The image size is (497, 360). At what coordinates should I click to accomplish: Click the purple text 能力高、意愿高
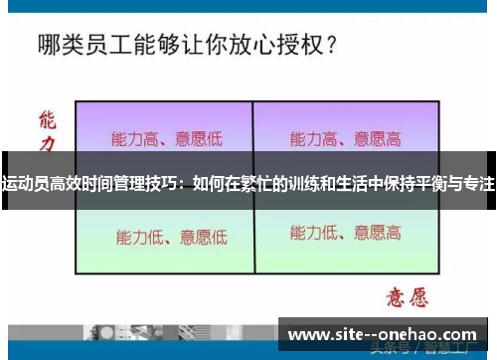345,137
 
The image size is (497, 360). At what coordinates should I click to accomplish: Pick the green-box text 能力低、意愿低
172,237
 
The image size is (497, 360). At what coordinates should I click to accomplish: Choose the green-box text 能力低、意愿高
345,234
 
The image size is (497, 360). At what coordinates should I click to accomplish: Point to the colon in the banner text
182,184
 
